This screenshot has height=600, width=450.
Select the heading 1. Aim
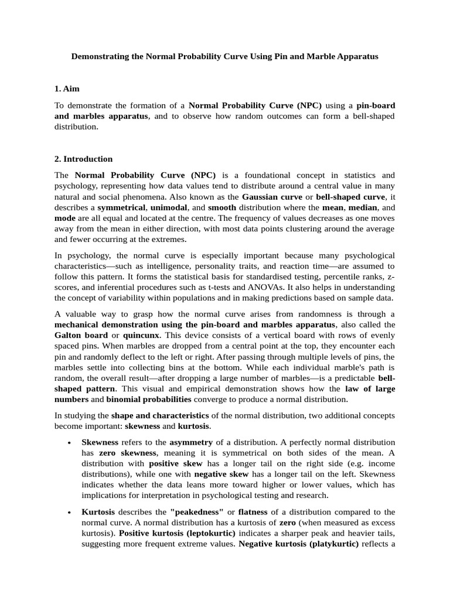tap(66, 89)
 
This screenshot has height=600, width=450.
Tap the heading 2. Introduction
tap(83, 159)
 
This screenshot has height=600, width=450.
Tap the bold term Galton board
tap(81, 335)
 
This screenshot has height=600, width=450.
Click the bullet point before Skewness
tap(70, 442)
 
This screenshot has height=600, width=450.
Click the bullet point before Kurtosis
tap(70, 512)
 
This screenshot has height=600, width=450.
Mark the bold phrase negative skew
tap(221, 473)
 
